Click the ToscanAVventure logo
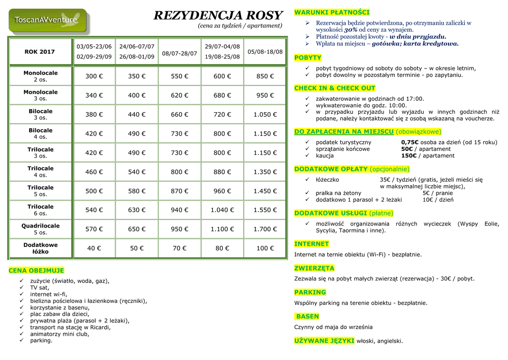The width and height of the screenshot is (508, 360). [x=48, y=21]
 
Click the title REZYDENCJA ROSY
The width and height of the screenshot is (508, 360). [x=218, y=15]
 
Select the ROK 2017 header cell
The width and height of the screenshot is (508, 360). [x=40, y=52]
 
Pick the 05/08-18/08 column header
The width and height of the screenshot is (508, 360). [x=265, y=52]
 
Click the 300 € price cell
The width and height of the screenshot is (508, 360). [x=94, y=76]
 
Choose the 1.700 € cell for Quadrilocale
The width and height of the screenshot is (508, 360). [x=265, y=229]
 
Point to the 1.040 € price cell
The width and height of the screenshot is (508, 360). [x=222, y=210]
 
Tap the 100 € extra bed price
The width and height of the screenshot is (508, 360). [x=265, y=248]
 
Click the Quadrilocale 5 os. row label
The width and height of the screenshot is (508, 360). [x=40, y=229]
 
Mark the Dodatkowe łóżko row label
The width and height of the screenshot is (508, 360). [x=40, y=248]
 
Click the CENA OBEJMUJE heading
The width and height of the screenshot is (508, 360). [x=36, y=271]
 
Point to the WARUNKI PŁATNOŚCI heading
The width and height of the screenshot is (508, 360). [x=332, y=12]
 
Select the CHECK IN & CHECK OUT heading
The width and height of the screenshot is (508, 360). [x=335, y=88]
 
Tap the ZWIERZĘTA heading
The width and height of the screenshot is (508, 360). [x=314, y=268]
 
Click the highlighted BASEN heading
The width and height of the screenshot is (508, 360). [x=308, y=316]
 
